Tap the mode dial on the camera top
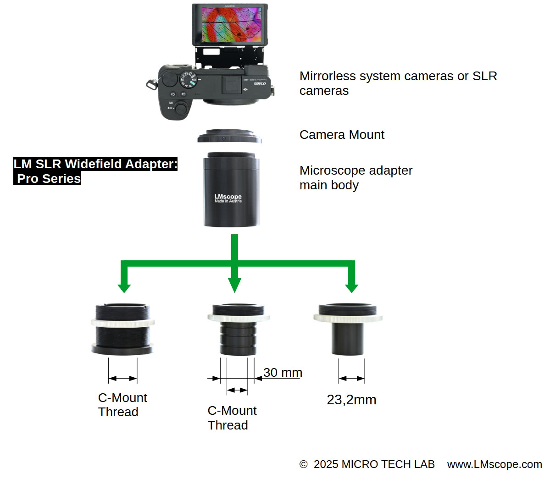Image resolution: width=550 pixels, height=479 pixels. [188, 78]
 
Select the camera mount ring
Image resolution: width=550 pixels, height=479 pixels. [229, 137]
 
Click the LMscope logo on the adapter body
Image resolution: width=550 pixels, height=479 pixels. [228, 198]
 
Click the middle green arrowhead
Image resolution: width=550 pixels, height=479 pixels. [234, 285]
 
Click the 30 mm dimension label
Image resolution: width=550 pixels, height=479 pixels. [283, 373]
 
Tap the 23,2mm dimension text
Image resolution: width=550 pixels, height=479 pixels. [351, 400]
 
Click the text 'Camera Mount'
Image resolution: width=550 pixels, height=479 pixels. [342, 135]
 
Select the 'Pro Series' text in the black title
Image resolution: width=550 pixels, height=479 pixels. [49, 178]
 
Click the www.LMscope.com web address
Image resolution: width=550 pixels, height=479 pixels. [494, 464]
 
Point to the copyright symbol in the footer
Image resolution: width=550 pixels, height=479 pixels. [303, 464]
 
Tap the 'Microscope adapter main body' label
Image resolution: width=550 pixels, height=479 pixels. [356, 177]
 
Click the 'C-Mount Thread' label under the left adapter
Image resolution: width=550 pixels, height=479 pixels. [122, 405]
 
